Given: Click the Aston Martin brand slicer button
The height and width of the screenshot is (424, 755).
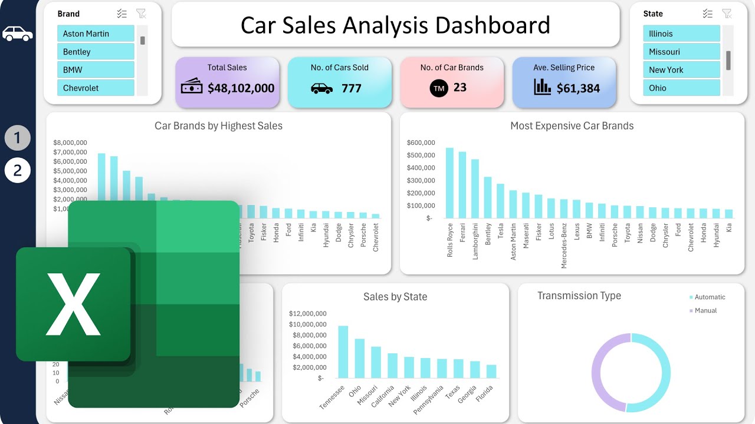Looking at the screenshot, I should pyautogui.click(x=96, y=34).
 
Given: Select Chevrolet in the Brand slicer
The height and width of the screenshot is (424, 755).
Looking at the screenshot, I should pyautogui.click(x=96, y=88).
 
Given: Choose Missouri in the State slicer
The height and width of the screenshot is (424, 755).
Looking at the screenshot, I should pyautogui.click(x=681, y=52).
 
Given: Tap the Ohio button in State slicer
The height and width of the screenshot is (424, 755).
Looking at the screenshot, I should pyautogui.click(x=681, y=88).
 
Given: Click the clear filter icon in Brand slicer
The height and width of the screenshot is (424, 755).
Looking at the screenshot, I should pyautogui.click(x=140, y=14).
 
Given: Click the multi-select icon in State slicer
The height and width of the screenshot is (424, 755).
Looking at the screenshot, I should pyautogui.click(x=708, y=14).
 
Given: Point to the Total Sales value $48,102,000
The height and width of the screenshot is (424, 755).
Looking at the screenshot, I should pyautogui.click(x=241, y=88).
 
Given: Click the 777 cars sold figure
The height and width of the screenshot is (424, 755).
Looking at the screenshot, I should pyautogui.click(x=352, y=88).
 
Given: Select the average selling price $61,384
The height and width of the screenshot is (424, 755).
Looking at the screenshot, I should pyautogui.click(x=578, y=88).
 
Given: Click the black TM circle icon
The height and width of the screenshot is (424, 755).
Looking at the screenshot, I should pyautogui.click(x=439, y=88).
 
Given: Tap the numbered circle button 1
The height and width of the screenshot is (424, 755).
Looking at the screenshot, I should pyautogui.click(x=18, y=138).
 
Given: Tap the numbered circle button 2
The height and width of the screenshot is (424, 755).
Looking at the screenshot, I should pyautogui.click(x=18, y=171).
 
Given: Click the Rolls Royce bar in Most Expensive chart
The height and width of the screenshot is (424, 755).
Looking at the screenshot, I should pyautogui.click(x=449, y=183).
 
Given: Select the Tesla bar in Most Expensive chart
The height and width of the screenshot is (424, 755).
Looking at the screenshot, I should pyautogui.click(x=500, y=201).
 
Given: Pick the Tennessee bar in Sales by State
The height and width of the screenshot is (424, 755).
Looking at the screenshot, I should pyautogui.click(x=343, y=352).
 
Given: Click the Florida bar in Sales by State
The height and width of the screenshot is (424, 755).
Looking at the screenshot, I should pyautogui.click(x=491, y=371).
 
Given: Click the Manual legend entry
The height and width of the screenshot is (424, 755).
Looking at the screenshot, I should pyautogui.click(x=705, y=310).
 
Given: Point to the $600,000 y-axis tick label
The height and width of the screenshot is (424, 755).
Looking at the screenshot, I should pyautogui.click(x=421, y=143).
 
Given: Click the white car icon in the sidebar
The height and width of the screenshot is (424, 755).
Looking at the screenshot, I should pyautogui.click(x=18, y=34).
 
